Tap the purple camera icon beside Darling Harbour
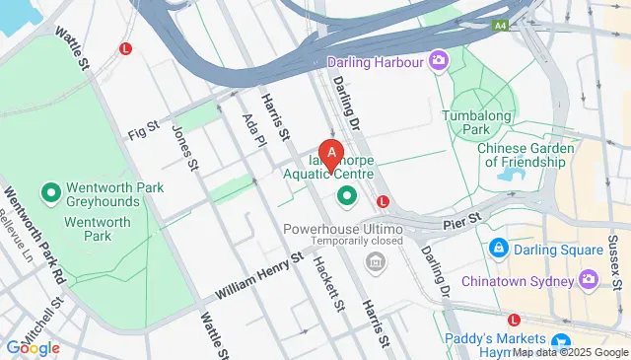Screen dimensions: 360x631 click(438, 61)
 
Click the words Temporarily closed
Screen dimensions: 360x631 click(359, 241)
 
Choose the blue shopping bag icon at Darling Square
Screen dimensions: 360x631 click(499, 246)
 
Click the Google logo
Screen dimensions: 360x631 click(33, 347)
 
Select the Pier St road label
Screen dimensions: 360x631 click(461, 216)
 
